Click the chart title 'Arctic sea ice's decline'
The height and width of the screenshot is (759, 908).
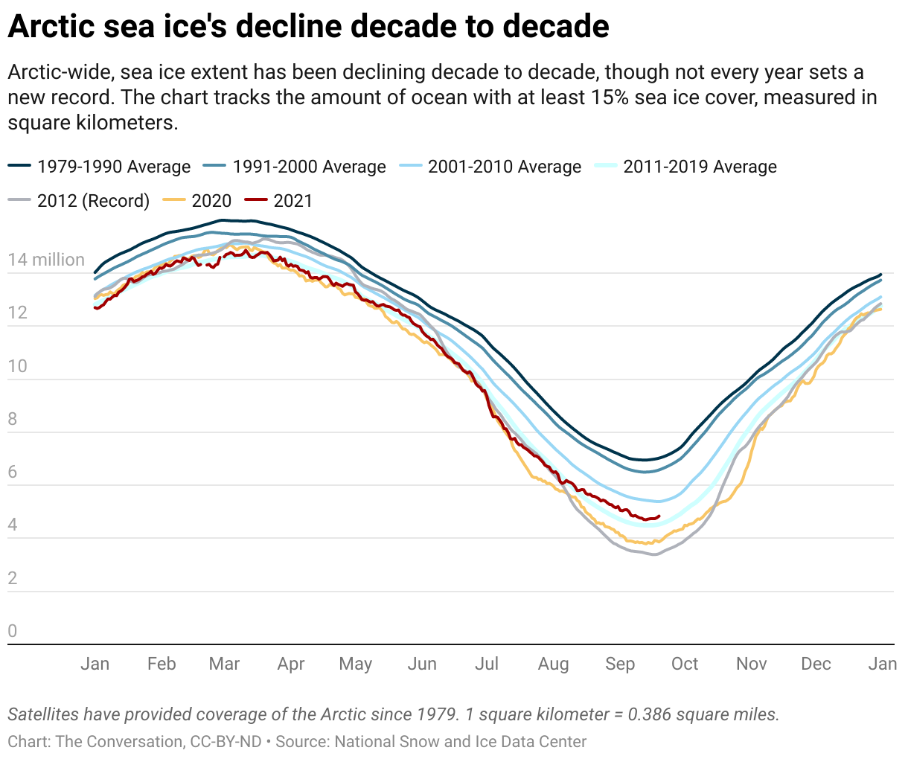[x=308, y=27]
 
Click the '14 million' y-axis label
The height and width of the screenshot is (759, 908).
[x=46, y=260]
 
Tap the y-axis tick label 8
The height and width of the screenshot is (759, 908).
[x=13, y=419]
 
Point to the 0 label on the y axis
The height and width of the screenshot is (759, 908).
[x=13, y=631]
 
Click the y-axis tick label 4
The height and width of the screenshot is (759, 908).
[x=13, y=525]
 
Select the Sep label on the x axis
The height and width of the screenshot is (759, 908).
[x=620, y=664]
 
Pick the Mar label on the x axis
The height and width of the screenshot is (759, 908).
[x=224, y=664]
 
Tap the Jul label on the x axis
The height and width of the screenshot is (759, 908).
[x=487, y=664]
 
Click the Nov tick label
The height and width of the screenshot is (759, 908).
[x=751, y=664]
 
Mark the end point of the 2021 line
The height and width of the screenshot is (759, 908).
[x=659, y=516]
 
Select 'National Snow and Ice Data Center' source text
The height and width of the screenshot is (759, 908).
[x=460, y=742]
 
